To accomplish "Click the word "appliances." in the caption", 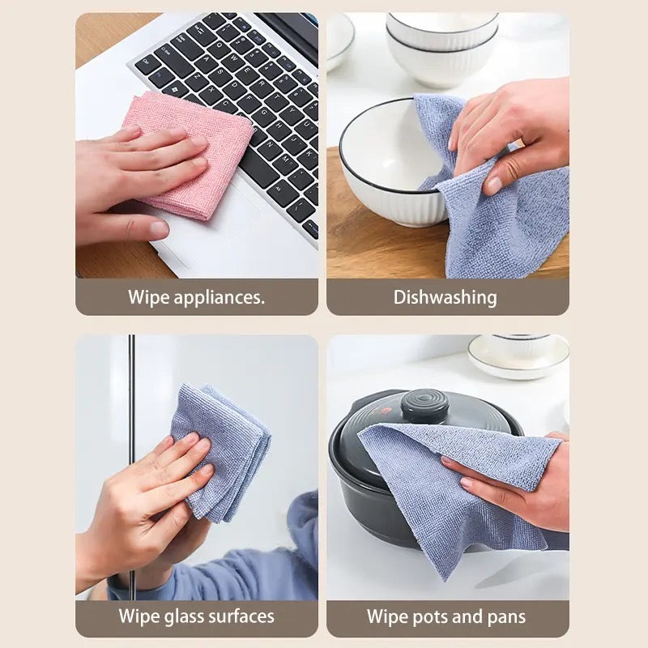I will pos(219,297).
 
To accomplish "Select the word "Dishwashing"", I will pos(446,297).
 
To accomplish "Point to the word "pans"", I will pos(504,616).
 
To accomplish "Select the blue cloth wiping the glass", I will pos(223,450).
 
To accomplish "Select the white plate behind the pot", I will pos(518,356).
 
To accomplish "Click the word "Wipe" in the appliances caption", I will pos(147,297).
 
